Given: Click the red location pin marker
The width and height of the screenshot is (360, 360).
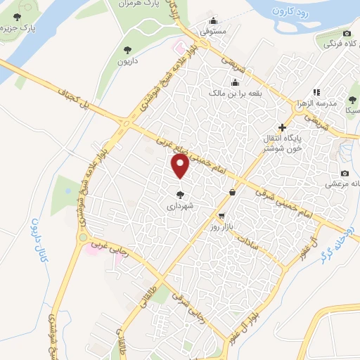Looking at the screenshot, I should click(180, 167).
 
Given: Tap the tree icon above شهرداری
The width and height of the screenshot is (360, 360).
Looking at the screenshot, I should click(180, 195).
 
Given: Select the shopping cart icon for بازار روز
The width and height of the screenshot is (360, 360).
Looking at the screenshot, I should click(223, 216).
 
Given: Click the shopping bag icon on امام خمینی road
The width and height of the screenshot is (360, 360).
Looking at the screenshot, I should click(233, 192).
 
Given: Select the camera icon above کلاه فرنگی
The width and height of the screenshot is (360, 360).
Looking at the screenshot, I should click(347, 34).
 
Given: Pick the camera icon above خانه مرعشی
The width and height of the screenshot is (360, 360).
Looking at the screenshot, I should click(345, 173).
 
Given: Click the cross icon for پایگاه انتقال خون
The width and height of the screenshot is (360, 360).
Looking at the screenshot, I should click(283, 127).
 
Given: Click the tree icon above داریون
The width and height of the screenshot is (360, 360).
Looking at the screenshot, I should click(127, 49).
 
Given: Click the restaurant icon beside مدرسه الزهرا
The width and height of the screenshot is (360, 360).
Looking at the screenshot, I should click(316, 92).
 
